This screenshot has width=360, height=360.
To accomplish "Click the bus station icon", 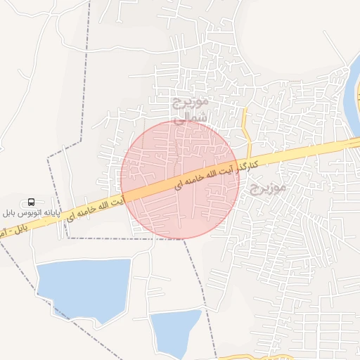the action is click(31, 201).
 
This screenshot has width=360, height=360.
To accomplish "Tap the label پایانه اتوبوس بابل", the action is click(31, 212).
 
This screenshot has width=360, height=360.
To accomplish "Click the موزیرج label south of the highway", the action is click(266, 188).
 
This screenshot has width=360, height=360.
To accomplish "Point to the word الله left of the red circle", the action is click(103, 206).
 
